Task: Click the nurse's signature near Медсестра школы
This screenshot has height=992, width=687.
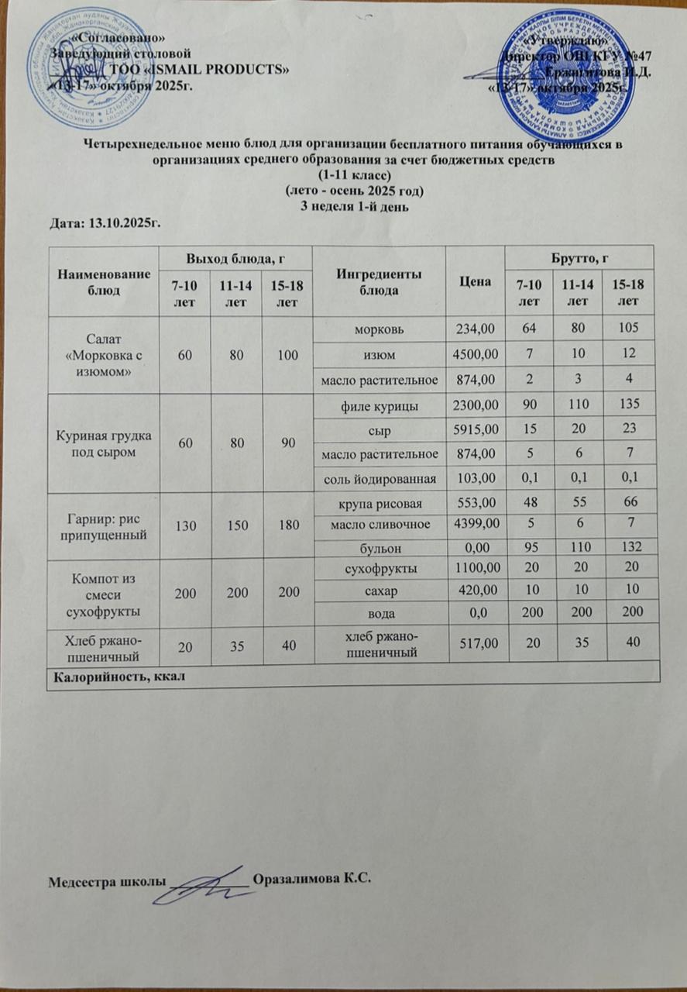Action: click(208, 885)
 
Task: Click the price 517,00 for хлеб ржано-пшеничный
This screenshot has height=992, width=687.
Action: click(474, 645)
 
